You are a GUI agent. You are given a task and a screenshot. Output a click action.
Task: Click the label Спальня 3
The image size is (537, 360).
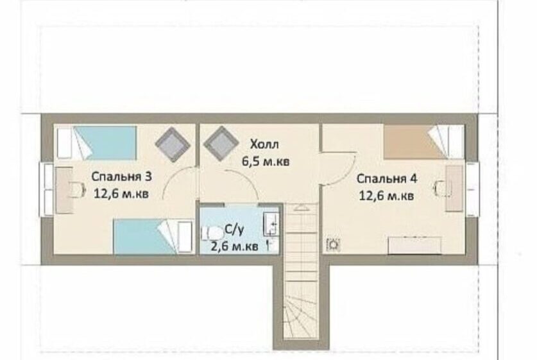tap(121, 176)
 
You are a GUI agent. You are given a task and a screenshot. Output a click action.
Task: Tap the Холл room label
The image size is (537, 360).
tap(264, 144)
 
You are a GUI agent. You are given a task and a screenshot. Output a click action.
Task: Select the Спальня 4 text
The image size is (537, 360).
tap(387, 179)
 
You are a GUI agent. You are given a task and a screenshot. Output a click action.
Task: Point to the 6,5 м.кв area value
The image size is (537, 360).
tap(266, 161)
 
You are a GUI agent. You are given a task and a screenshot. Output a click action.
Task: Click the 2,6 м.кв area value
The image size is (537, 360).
tap(234, 246)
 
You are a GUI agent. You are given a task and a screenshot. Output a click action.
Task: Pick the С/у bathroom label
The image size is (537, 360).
tap(234, 230)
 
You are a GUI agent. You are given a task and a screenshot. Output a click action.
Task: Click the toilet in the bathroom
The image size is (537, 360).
tap(212, 234)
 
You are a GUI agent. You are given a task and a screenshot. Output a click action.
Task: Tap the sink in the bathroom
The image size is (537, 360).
tap(271, 224)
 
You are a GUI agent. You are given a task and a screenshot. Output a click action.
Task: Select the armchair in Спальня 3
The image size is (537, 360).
tap(173, 144)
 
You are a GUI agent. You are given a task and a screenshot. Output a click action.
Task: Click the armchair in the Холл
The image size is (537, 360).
tap(221, 144)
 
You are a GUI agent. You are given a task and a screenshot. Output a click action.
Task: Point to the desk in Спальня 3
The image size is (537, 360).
tap(64, 190)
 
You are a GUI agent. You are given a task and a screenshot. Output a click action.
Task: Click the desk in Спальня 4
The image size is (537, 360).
tap(454, 189)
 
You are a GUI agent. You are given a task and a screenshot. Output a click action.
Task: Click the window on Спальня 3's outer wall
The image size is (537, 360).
tap(46, 190)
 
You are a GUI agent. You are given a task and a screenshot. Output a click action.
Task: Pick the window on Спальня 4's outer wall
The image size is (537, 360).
tap(472, 189)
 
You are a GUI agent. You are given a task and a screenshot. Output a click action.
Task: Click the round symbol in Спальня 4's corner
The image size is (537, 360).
tap(333, 244)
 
